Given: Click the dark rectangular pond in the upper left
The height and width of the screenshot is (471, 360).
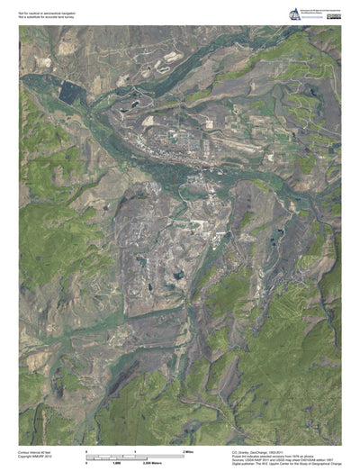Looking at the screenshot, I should tap(69, 91).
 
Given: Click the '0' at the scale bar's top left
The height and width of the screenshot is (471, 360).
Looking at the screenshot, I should tap(86, 449).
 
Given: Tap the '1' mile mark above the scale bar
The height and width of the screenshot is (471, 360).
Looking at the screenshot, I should tap(135, 449).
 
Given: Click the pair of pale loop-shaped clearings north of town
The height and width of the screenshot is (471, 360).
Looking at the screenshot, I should tap(167, 63).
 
